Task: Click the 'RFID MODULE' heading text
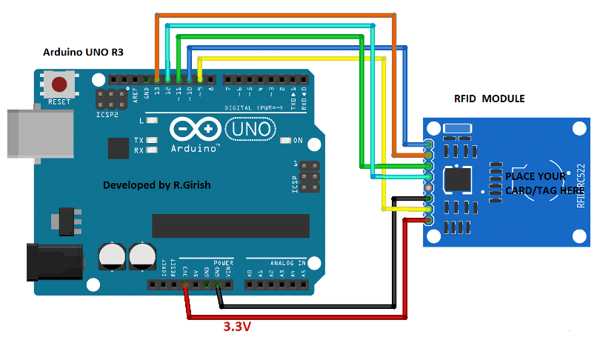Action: pos(489,99)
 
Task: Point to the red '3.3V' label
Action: pos(238,325)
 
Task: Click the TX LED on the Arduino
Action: pos(153,140)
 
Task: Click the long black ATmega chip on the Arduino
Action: pos(230,226)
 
